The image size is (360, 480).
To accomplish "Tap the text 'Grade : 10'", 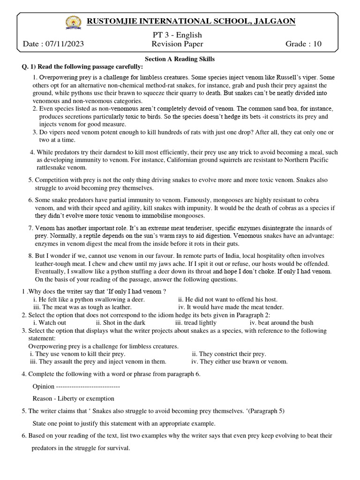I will click(x=304, y=44).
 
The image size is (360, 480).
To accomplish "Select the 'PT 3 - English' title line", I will click(x=177, y=35).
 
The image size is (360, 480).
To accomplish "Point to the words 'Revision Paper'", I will click(x=177, y=44).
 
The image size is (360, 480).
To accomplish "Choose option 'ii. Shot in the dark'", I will click(x=120, y=322).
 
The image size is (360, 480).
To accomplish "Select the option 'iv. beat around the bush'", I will click(x=281, y=322).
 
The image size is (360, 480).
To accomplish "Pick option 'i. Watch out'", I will click(x=50, y=322).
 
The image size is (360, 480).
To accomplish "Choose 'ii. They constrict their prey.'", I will click(x=229, y=354).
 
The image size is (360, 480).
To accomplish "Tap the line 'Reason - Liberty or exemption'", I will click(x=74, y=398).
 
